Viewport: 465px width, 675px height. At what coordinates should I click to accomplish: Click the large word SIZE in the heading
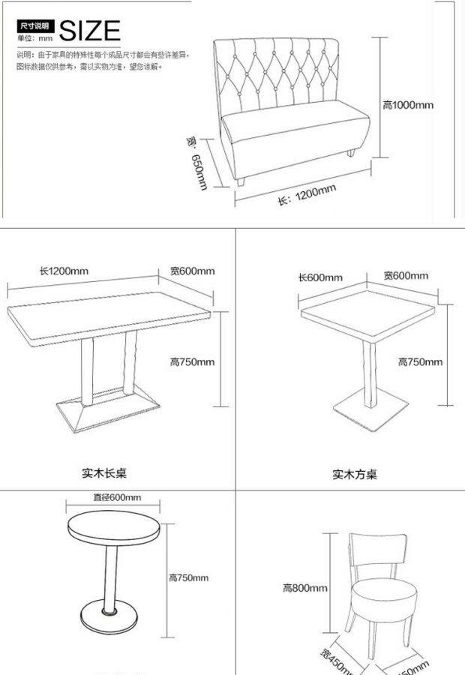[89, 31]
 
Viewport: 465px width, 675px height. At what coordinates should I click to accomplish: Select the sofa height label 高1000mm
[407, 105]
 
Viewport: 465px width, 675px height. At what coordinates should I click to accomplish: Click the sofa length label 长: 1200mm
[307, 196]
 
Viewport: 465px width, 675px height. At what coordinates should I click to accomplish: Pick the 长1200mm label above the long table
[64, 271]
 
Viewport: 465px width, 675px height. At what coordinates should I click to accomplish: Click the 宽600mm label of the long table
[192, 271]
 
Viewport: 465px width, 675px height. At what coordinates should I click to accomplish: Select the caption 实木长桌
[104, 473]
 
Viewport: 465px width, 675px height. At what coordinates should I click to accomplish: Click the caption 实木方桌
[355, 474]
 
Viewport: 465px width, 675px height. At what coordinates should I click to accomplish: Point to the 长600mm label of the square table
[320, 277]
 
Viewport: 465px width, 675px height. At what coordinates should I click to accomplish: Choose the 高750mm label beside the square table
[419, 361]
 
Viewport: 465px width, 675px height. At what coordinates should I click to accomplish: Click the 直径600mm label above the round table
[117, 497]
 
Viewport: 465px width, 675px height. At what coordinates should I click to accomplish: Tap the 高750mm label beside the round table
[188, 577]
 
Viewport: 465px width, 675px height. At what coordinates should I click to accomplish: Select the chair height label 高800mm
[305, 588]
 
